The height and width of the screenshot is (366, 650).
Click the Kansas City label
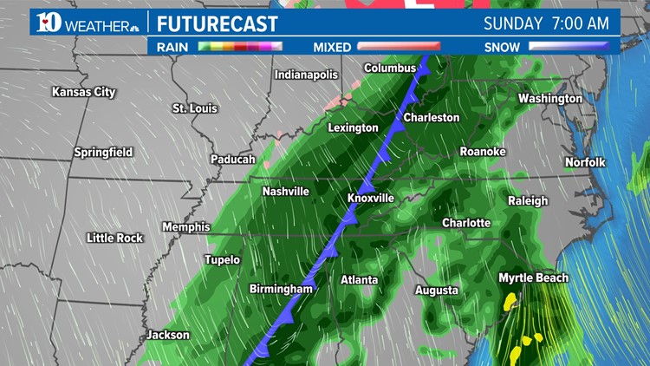tap(84, 91)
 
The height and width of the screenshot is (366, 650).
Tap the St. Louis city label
tap(194, 108)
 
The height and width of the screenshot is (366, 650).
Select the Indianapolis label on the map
tap(306, 75)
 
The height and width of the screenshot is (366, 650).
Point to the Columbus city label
tap(390, 68)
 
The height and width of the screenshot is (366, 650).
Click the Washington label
tap(550, 98)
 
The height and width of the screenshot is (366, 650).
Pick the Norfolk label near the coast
tap(585, 162)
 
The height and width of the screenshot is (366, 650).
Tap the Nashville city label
tap(286, 191)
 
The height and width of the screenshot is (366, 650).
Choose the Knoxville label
tap(371, 198)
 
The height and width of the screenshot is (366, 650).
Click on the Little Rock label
tap(114, 238)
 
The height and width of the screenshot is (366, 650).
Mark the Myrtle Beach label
tap(533, 278)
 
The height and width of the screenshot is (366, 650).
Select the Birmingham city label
tap(281, 289)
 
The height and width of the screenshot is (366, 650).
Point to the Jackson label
tap(167, 335)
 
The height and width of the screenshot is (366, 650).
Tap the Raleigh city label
tap(528, 200)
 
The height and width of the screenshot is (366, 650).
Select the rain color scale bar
tap(240, 47)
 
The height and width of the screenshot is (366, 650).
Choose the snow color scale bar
tap(569, 47)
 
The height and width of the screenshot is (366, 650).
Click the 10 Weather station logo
tap(87, 22)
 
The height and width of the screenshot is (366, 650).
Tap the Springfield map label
tap(103, 152)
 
